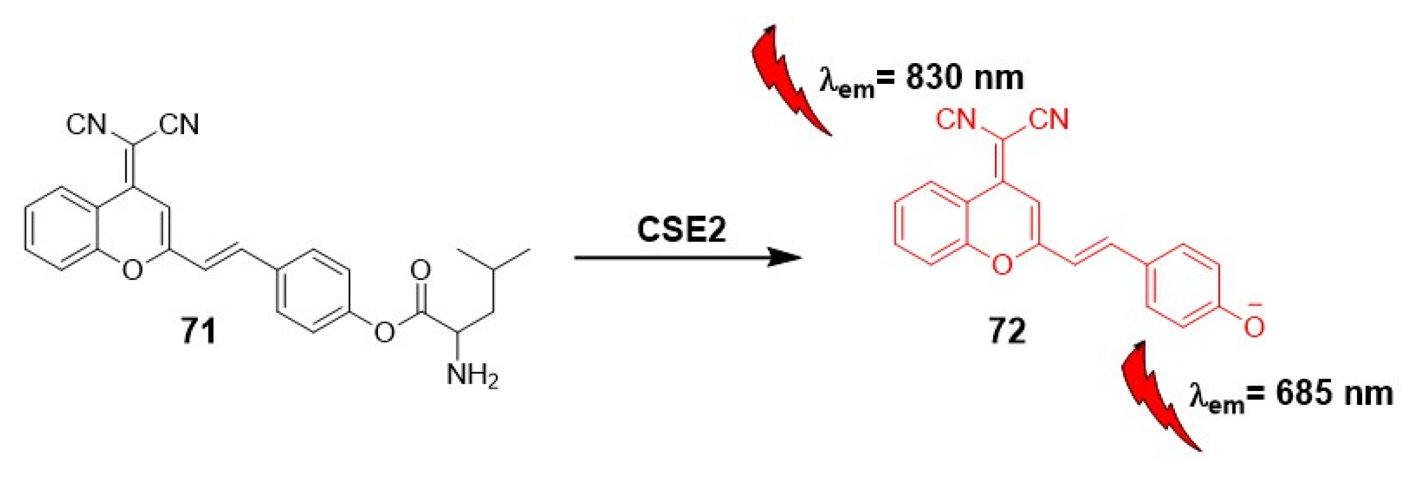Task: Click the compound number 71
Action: [x=198, y=331]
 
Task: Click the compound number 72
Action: [x=1007, y=331]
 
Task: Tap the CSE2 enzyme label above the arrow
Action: [x=681, y=229]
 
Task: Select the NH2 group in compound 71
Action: [x=472, y=376]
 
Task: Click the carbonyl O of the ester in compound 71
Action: [x=420, y=271]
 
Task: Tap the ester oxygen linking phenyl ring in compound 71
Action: [x=384, y=331]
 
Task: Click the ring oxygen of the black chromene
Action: [x=132, y=270]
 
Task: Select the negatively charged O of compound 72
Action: [x=1253, y=326]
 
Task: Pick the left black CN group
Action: [x=86, y=124]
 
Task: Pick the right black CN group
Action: [x=180, y=124]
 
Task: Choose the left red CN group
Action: [x=956, y=119]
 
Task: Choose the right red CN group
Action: [x=1049, y=119]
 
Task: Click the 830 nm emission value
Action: [x=964, y=78]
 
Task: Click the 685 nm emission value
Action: [x=1334, y=394]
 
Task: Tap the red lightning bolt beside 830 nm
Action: [x=788, y=79]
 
